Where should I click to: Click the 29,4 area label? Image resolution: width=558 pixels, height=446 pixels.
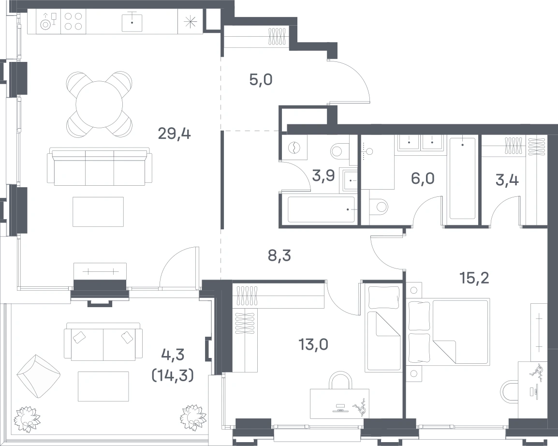coord(175,134)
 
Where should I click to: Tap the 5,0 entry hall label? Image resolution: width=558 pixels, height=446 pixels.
coord(261,80)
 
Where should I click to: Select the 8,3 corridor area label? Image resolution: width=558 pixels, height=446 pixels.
coord(279,255)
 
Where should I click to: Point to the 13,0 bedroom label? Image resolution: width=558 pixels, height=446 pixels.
coord(313,344)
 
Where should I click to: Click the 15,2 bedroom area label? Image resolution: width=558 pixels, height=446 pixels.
coord(474,278)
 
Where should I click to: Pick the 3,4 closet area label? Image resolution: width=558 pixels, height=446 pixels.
coord(507,180)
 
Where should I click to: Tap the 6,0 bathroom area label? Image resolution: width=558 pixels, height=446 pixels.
coord(423,178)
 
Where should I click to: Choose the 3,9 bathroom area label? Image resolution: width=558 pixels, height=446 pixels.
coord(323,176)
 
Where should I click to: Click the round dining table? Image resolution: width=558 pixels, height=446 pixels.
coord(100,104)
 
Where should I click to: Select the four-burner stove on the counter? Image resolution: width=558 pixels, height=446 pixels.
coord(73,21)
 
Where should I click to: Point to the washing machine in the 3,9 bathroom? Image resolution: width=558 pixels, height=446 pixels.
coord(294,148)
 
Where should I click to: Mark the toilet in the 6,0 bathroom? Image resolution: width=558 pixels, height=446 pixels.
coord(379,207)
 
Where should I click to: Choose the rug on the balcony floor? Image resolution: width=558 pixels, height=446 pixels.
coord(103,387)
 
